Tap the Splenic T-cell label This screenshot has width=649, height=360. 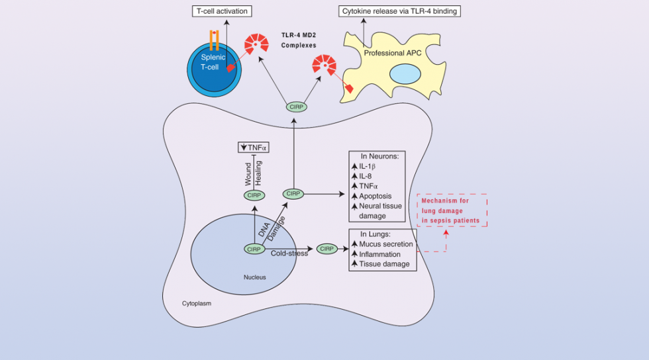(x=214, y=62)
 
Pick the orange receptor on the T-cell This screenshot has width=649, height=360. (x=214, y=40)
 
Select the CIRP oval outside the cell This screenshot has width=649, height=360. (x=296, y=107)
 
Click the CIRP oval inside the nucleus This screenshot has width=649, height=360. (x=254, y=249)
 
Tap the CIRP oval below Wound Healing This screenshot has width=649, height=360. (x=254, y=195)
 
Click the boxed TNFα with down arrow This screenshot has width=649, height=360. (x=254, y=148)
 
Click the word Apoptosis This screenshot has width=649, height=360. (x=376, y=196)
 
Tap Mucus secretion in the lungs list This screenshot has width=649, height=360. (x=385, y=244)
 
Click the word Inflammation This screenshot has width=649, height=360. (x=379, y=254)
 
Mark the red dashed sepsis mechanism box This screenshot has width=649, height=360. (x=452, y=210)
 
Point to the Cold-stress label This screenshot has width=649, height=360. (x=289, y=253)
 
